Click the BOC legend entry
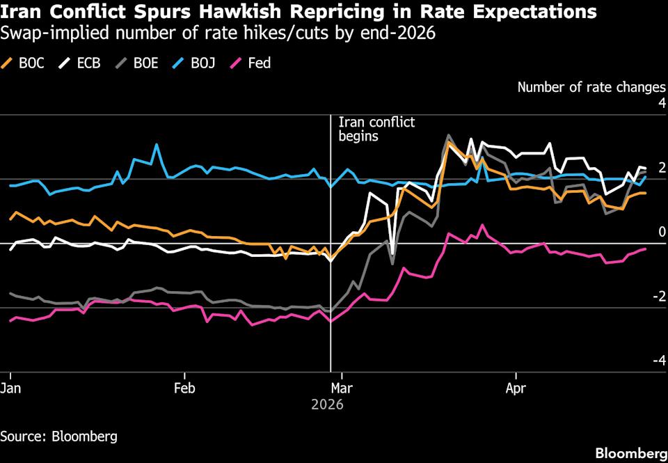pyautogui.click(x=26, y=63)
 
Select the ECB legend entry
pyautogui.click(x=82, y=63)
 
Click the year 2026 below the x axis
pyautogui.click(x=328, y=405)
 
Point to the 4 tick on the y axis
pyautogui.click(x=662, y=103)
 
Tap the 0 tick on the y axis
pyautogui.click(x=662, y=232)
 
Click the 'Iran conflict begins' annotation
pyautogui.click(x=376, y=130)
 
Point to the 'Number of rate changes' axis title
pyautogui.click(x=591, y=88)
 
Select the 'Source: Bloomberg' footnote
pyautogui.click(x=58, y=437)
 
